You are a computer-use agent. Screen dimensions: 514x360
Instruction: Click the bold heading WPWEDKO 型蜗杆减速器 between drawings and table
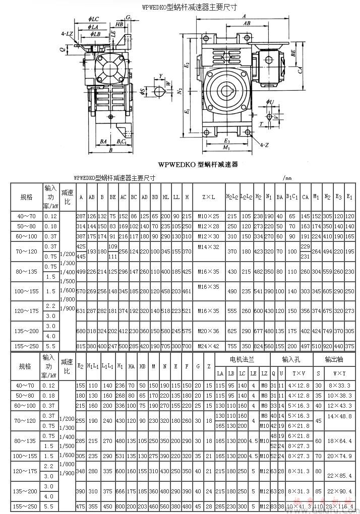[x=198, y=164]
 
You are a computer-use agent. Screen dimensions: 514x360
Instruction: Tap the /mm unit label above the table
[x=288, y=178]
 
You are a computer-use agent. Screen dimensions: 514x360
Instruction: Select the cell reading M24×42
[x=209, y=346]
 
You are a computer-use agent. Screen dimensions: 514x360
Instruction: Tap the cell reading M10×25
[x=209, y=216]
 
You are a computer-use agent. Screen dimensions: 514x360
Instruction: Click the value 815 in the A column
[x=81, y=346]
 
